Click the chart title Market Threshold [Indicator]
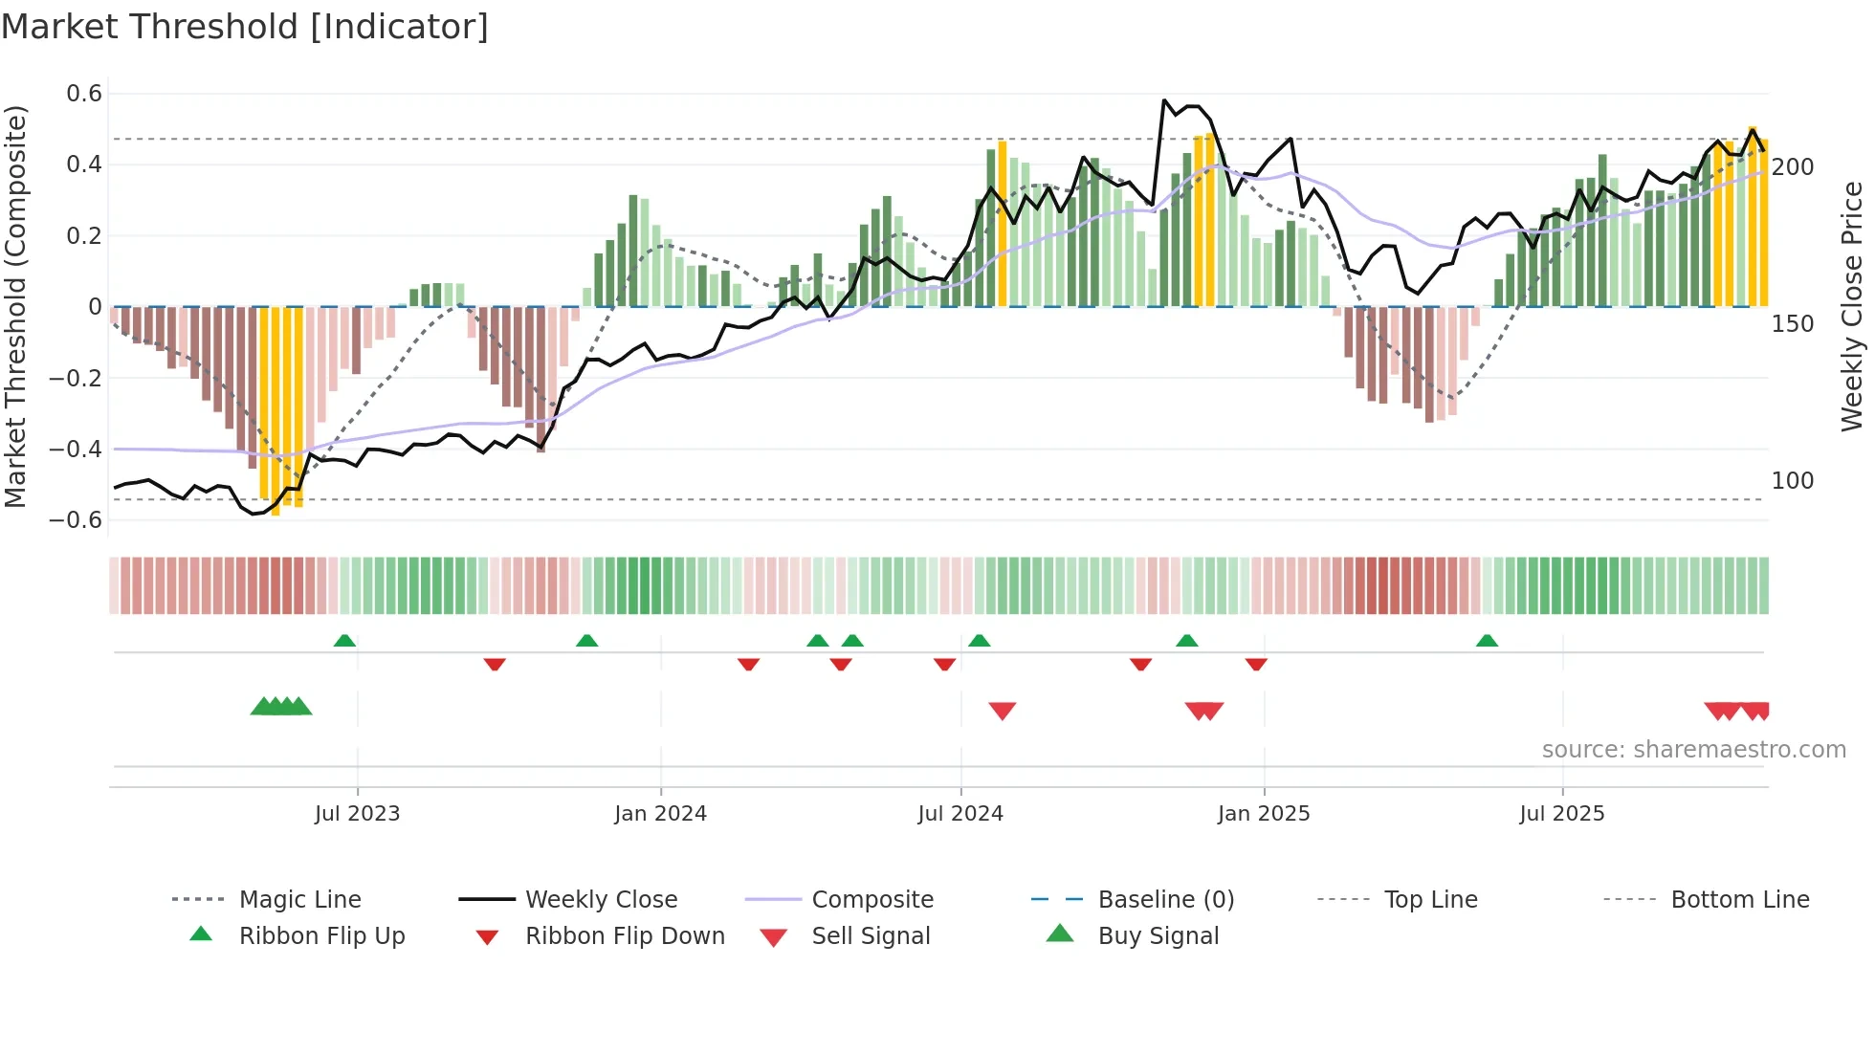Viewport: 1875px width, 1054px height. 245,27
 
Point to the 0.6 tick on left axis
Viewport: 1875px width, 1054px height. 84,94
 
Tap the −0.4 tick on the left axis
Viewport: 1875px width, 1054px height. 76,449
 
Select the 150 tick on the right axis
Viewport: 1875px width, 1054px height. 1792,324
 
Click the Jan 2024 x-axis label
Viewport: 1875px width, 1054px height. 660,814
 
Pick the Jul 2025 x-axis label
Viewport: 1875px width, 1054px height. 1561,814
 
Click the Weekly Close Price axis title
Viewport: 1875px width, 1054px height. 1852,306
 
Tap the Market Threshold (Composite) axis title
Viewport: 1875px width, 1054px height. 15,306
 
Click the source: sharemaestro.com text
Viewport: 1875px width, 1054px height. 1693,750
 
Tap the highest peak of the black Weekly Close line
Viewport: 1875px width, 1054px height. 1164,100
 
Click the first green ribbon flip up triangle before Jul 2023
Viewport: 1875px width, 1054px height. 344,641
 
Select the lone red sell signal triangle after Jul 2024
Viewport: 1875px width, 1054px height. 1002,711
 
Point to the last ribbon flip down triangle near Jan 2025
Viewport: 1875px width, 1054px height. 1256,664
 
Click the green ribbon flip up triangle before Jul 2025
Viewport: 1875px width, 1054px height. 1487,641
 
